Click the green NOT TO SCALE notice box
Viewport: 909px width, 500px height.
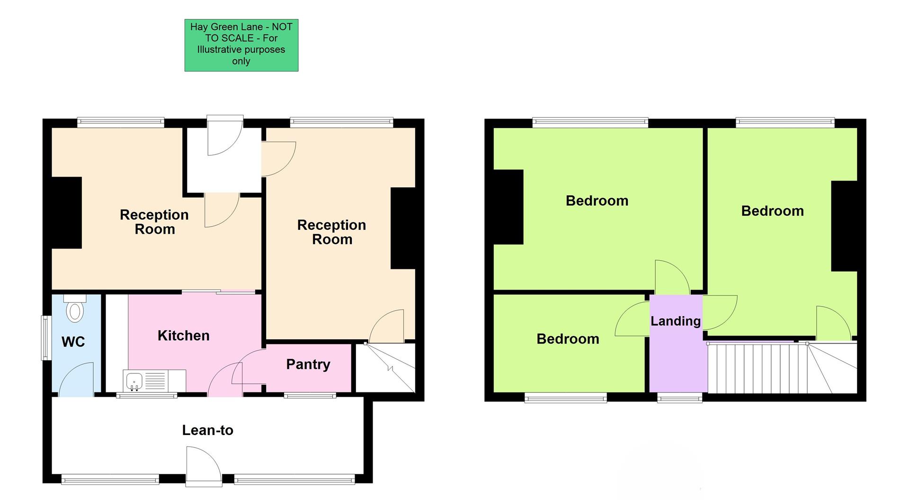[x=241, y=45]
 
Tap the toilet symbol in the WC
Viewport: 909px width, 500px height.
[x=75, y=309]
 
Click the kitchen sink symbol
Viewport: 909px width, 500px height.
[x=134, y=382]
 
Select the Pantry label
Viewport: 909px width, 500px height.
[x=308, y=364]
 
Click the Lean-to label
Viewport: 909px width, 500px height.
[x=207, y=430]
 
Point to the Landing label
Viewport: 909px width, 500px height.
[x=675, y=321]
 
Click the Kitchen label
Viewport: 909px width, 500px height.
[x=183, y=336]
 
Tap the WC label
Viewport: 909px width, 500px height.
[x=73, y=342]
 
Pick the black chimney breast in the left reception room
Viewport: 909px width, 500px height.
[x=67, y=213]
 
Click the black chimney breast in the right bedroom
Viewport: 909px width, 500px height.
[x=845, y=226]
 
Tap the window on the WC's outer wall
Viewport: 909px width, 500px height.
[x=46, y=337]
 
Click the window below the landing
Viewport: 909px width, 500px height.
[x=679, y=398]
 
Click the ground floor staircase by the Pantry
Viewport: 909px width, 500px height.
[x=385, y=368]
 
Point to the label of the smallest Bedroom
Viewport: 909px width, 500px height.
[x=568, y=339]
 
